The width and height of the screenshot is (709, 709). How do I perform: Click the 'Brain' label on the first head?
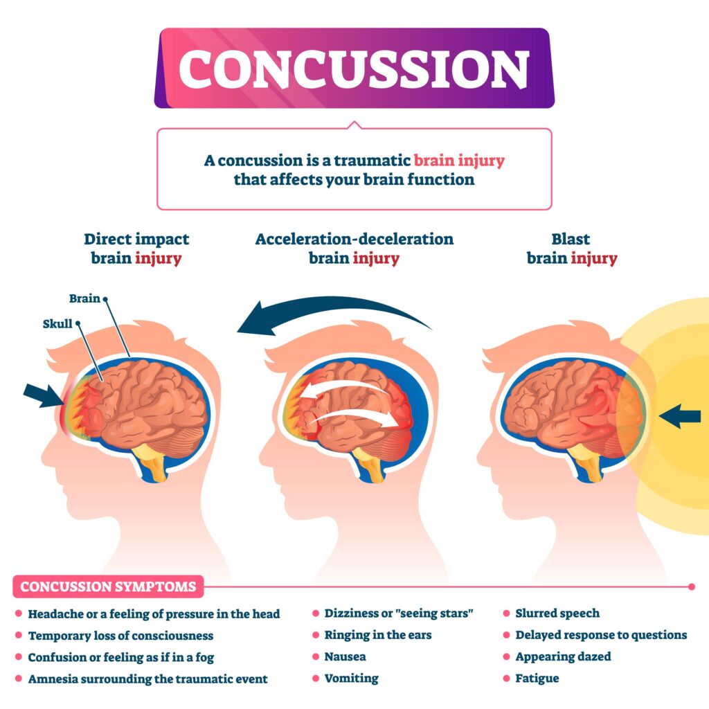click(84, 298)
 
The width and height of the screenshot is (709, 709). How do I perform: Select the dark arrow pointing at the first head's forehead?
click(42, 395)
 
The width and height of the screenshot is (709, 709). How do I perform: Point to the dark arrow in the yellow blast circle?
click(679, 416)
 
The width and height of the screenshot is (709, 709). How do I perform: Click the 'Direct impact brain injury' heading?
click(136, 249)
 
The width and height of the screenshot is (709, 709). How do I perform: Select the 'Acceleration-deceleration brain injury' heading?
click(354, 249)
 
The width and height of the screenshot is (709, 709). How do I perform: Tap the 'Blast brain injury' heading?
click(571, 249)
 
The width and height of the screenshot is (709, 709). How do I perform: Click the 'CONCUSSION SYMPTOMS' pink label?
click(108, 586)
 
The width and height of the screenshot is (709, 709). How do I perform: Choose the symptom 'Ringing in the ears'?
click(377, 635)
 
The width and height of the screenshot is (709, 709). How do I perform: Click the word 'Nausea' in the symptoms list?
click(345, 656)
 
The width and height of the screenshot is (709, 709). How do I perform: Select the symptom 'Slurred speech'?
click(557, 613)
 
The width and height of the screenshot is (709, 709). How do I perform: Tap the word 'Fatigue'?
click(537, 678)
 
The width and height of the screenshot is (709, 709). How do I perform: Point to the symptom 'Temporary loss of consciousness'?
click(120, 635)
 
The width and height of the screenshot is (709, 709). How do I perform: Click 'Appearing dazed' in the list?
click(563, 656)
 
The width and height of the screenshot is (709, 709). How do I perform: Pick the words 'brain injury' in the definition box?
click(459, 161)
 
